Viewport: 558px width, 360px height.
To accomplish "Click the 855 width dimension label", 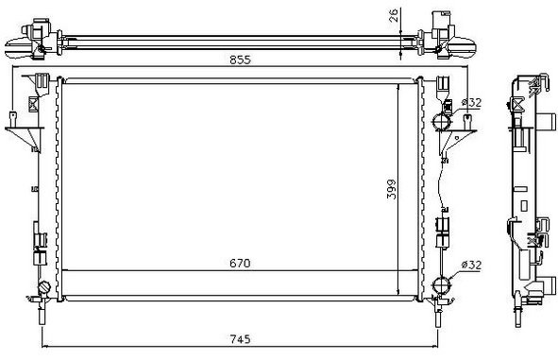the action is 240,60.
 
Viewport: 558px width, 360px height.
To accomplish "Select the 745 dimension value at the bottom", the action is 240,339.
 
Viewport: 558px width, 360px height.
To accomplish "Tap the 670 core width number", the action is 240,264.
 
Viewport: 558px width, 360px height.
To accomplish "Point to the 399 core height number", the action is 392,189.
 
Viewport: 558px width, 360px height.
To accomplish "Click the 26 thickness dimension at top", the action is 394,16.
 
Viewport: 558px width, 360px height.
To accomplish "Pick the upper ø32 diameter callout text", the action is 471,103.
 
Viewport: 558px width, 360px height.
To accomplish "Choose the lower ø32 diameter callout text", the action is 471,265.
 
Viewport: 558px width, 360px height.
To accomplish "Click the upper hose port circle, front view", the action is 441,122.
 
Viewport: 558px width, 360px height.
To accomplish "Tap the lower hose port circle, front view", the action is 441,285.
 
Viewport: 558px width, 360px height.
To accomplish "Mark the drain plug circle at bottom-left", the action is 44,287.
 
